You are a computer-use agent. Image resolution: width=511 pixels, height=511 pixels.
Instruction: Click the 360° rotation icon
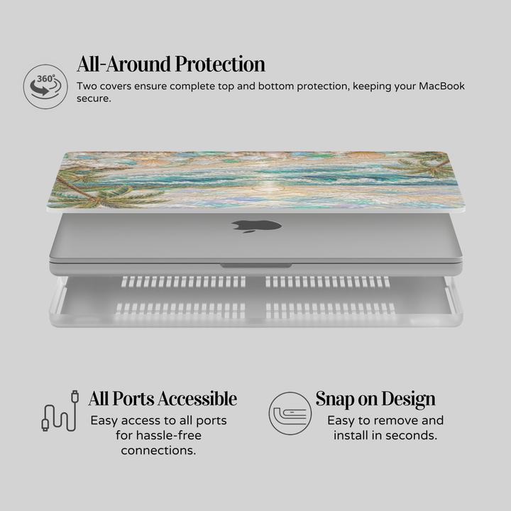(x=45, y=87)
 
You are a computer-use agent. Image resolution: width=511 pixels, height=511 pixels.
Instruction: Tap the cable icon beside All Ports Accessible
(x=60, y=411)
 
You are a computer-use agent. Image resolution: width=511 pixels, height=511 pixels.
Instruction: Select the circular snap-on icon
(x=290, y=413)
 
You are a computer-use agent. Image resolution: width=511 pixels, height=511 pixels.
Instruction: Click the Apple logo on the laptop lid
(x=256, y=226)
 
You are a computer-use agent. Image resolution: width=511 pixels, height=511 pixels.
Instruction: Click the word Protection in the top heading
(x=220, y=64)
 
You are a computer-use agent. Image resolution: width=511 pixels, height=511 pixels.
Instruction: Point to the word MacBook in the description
(x=441, y=86)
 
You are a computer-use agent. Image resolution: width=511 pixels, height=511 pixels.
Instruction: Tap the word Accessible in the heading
(x=197, y=399)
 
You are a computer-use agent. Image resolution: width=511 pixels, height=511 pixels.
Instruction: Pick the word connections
(x=158, y=451)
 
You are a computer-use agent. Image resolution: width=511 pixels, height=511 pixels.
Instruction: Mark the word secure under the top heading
(x=94, y=99)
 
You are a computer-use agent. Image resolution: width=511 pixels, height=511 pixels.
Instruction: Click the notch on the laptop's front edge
(x=255, y=266)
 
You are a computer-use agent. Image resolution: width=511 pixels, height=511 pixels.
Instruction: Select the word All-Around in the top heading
(x=124, y=64)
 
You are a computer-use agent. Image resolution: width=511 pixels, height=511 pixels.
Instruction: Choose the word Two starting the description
(x=87, y=86)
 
